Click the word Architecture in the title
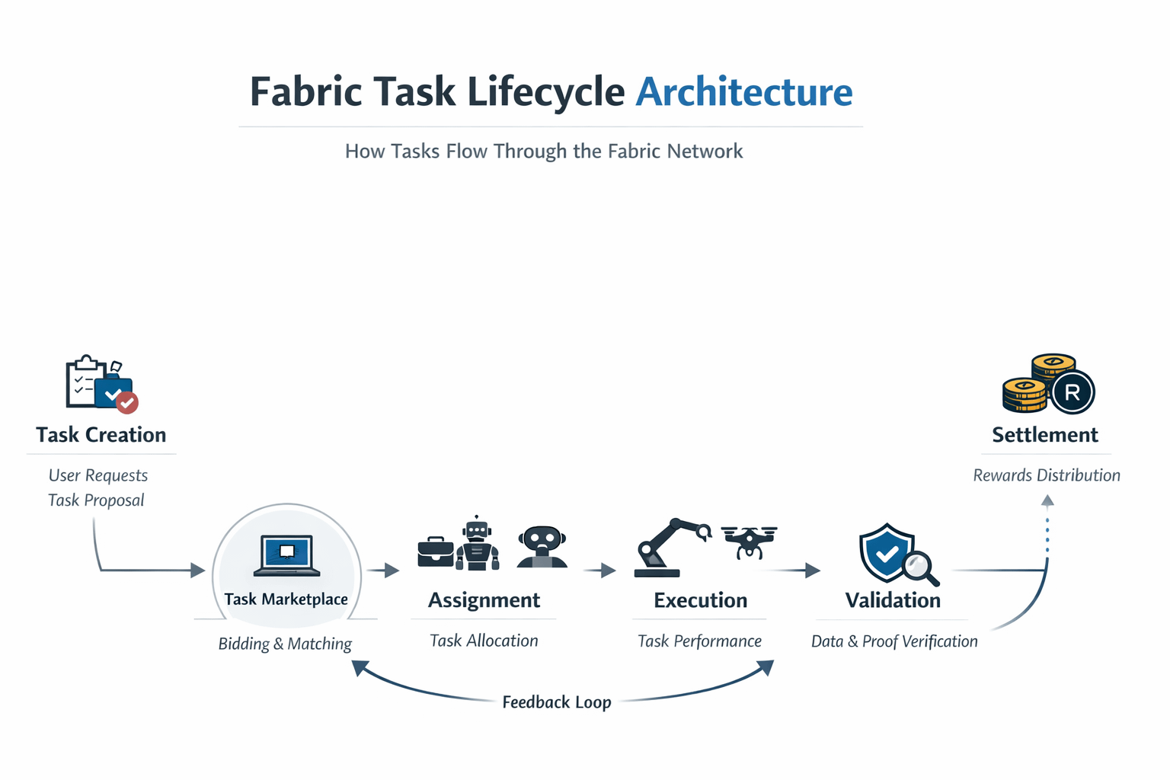pos(743,92)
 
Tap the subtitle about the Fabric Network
pos(544,151)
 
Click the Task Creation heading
pos(101,435)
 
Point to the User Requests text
pos(98,475)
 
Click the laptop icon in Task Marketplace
pos(286,555)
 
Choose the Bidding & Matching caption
pos(285,644)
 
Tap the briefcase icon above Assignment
pos(436,551)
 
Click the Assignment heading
pos(484,600)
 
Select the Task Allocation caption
pos(484,641)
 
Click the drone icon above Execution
pos(749,540)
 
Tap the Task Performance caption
pos(699,641)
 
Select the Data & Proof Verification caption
pos(894,641)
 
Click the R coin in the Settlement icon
pos(1072,392)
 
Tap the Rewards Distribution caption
pos(1047,475)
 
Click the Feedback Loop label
pos(557,702)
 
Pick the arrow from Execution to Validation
pos(796,570)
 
